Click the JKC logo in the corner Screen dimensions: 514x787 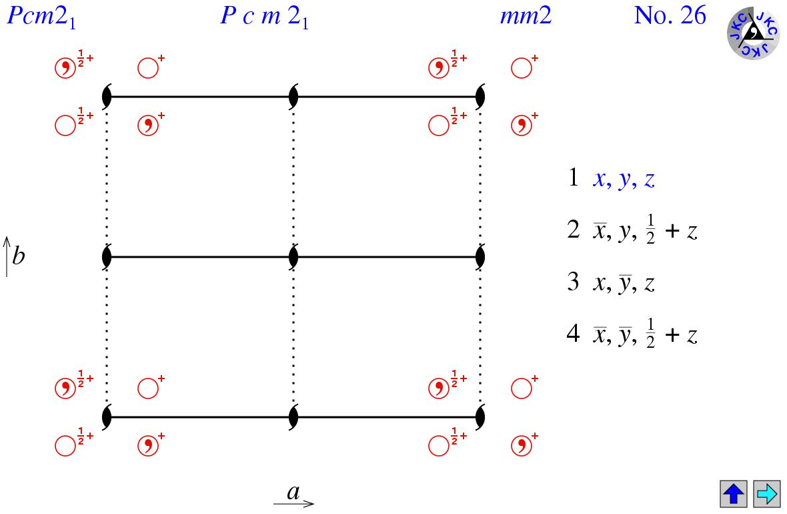pos(753,32)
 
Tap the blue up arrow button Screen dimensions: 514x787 pos(734,494)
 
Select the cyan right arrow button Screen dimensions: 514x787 pos(766,494)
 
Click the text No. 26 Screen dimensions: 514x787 pos(670,16)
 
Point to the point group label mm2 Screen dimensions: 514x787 pos(526,16)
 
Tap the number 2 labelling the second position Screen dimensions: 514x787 pos(574,230)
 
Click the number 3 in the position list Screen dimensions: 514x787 pos(574,282)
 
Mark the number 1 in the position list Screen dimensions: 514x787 pos(574,178)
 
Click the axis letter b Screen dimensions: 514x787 pos(19,256)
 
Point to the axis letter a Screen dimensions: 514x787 pos(293,493)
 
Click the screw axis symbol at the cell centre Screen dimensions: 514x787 pos(293,257)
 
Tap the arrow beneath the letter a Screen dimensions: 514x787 pos(293,503)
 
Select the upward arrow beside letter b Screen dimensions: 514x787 pos(7,256)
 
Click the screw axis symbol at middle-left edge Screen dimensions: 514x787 pos(107,257)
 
